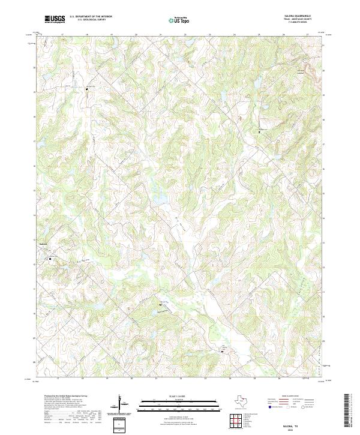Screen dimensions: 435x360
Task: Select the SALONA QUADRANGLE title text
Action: (293, 16)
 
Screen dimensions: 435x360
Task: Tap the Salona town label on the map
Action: (43, 244)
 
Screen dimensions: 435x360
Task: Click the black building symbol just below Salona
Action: (50, 259)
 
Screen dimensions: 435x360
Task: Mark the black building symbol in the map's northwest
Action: (87, 89)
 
